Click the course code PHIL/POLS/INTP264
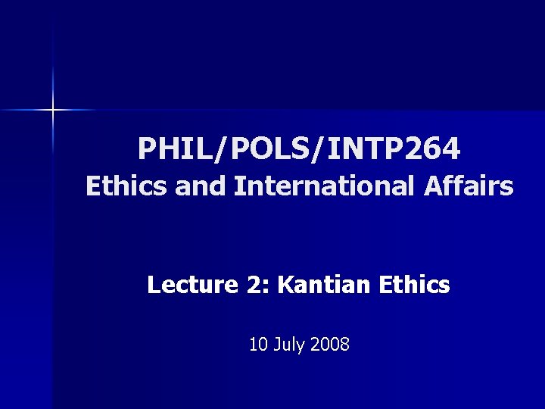pyautogui.click(x=298, y=149)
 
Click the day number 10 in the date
pyautogui.click(x=257, y=345)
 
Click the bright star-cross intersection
pyautogui.click(x=53, y=111)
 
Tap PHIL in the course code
pyautogui.click(x=167, y=149)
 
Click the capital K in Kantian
pyautogui.click(x=285, y=285)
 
